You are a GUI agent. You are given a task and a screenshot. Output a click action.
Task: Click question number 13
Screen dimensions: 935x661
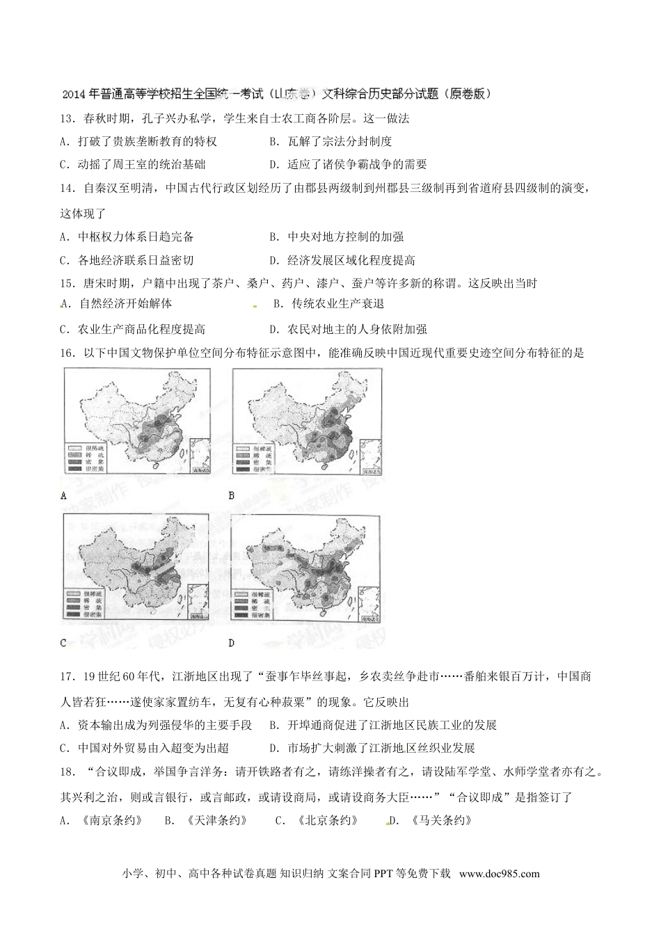tap(67, 118)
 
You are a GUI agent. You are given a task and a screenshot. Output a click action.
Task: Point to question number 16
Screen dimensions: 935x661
tap(67, 353)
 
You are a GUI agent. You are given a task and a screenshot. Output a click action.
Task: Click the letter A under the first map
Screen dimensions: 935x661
tap(64, 496)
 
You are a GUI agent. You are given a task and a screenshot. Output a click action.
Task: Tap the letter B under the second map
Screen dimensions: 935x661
tap(232, 496)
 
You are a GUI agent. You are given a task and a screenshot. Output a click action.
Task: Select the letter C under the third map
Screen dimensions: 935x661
tap(63, 643)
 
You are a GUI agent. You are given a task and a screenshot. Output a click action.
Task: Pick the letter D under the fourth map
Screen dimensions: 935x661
tap(232, 643)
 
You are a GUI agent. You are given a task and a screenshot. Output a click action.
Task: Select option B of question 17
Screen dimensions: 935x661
tap(383, 725)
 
